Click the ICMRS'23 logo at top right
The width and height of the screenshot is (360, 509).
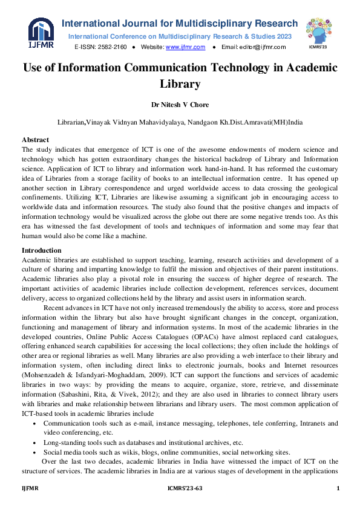(x=318, y=31)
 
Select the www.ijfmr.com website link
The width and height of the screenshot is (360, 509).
(x=185, y=47)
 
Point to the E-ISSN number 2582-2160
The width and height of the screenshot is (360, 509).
(x=112, y=47)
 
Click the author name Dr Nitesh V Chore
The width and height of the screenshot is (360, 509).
(x=180, y=103)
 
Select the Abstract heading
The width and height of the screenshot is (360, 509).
(x=36, y=140)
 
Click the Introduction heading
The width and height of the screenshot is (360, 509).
(x=41, y=250)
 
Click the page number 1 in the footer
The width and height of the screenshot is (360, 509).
(x=337, y=488)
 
